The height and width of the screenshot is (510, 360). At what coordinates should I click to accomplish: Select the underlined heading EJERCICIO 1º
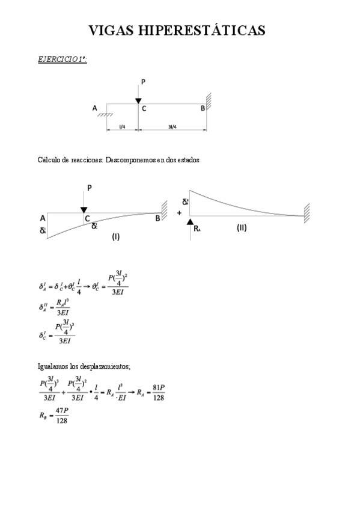click(x=62, y=59)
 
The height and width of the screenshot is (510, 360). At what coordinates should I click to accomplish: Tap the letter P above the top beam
click(x=142, y=82)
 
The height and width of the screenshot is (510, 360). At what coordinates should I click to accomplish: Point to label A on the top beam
click(x=94, y=108)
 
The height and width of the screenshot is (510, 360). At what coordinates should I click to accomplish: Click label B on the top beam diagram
click(x=203, y=108)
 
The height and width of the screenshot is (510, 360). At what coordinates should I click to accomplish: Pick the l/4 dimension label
click(x=122, y=127)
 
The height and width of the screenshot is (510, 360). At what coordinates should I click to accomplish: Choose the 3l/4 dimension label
click(x=172, y=127)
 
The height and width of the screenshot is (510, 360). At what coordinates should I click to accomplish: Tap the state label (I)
click(x=116, y=236)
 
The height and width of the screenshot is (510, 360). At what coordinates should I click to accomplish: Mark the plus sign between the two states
click(x=179, y=213)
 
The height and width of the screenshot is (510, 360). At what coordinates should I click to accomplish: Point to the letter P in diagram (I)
click(x=89, y=188)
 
